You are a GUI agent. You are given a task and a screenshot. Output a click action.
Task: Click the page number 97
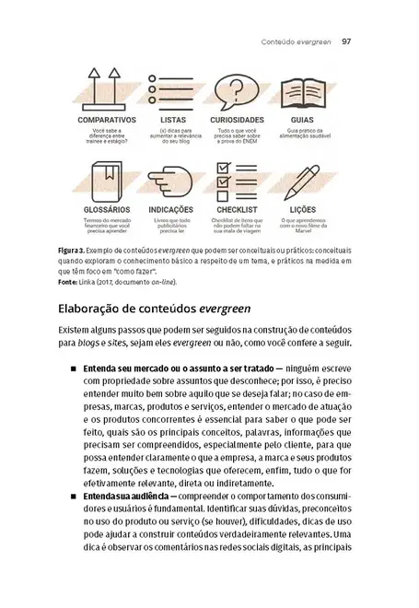[347, 41]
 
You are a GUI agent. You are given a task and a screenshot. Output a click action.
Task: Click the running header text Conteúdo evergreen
[296, 41]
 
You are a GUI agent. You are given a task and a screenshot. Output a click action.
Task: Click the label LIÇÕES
[303, 210]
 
